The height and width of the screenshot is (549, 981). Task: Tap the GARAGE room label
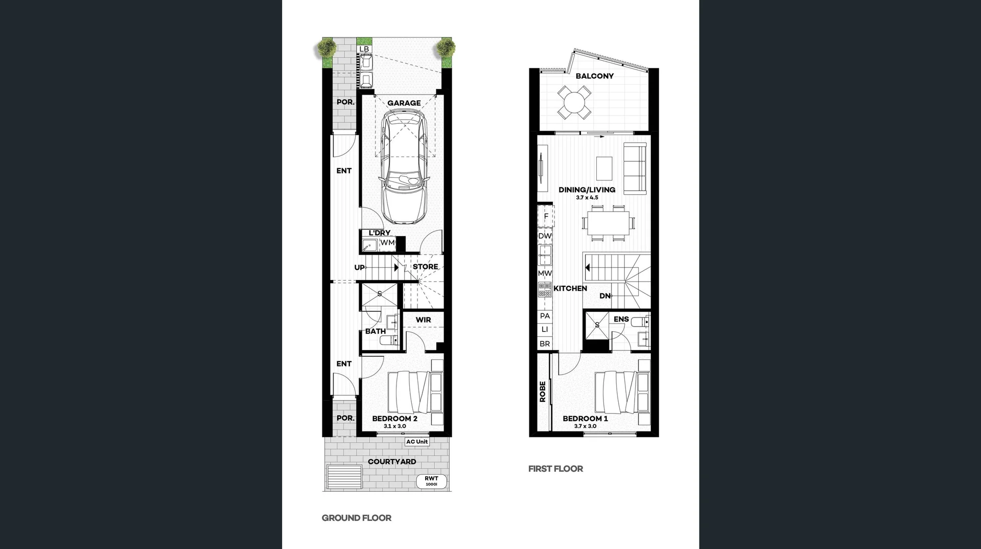point(404,103)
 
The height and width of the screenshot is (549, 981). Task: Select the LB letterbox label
point(364,49)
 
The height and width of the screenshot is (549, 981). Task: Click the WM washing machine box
point(387,243)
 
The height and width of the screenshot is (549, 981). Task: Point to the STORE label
point(425,267)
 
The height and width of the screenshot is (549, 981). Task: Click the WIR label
point(423,320)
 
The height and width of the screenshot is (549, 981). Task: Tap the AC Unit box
point(417,442)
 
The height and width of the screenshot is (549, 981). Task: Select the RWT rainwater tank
point(431,481)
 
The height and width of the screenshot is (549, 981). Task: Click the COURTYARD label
point(392,462)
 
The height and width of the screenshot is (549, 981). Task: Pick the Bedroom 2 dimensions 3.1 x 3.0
point(394,426)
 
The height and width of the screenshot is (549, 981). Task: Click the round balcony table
point(574,102)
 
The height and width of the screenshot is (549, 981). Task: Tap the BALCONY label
point(594,76)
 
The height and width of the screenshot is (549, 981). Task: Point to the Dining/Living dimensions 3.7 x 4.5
point(587,197)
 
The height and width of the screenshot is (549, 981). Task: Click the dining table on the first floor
point(608,223)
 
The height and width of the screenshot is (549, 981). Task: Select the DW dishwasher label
point(545,236)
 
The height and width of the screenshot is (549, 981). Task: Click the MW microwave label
point(545,273)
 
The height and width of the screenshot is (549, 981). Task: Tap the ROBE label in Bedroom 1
point(543,392)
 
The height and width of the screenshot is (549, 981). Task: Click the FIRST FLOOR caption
point(555,469)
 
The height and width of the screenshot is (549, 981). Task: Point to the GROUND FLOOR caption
point(356,518)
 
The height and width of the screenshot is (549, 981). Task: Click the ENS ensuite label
point(621,319)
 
